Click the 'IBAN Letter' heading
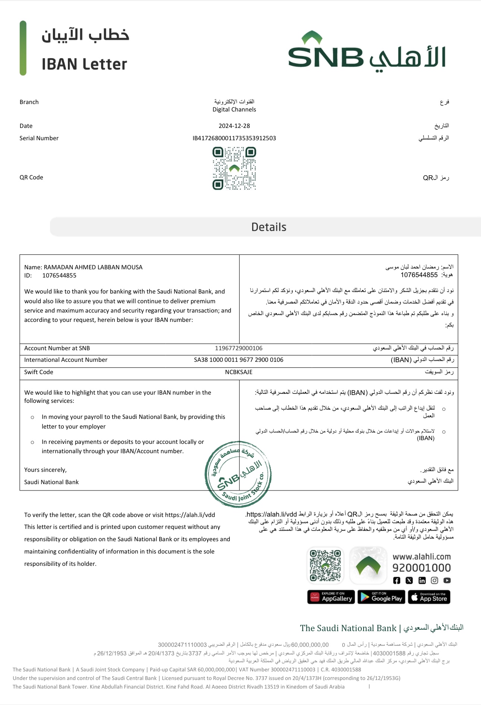pyautogui.click(x=84, y=64)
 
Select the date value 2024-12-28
pyautogui.click(x=234, y=126)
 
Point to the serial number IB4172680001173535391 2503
pyautogui.click(x=234, y=138)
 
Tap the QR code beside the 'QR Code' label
pyautogui.click(x=234, y=168)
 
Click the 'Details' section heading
pyautogui.click(x=269, y=227)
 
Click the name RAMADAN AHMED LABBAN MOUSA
pyautogui.click(x=93, y=267)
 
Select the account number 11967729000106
pyautogui.click(x=239, y=348)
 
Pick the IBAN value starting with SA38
pyautogui.click(x=239, y=360)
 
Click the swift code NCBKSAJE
pyautogui.click(x=239, y=372)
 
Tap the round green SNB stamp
pyautogui.click(x=238, y=474)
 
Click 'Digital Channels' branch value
pyautogui.click(x=234, y=110)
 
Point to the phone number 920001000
pyautogui.click(x=421, y=568)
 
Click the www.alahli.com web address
pyautogui.click(x=421, y=557)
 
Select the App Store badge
pyautogui.click(x=429, y=597)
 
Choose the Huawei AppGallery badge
pyautogui.click(x=331, y=597)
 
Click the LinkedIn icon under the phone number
pyautogui.click(x=422, y=580)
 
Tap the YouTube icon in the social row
pyautogui.click(x=447, y=580)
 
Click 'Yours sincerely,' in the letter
pyautogui.click(x=45, y=470)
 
